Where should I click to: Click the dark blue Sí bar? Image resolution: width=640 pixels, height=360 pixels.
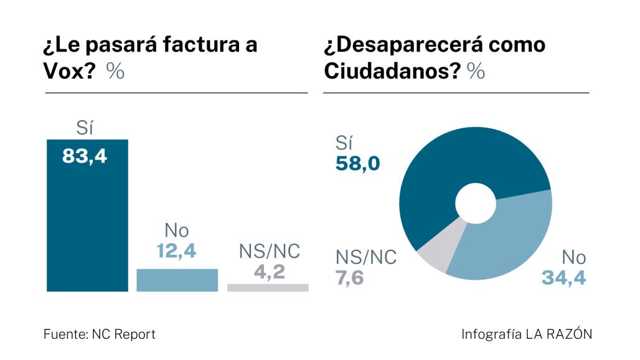coord(87,224)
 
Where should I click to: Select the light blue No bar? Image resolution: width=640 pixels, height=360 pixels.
coord(177,280)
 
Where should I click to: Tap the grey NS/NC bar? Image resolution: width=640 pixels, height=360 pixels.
coord(268,288)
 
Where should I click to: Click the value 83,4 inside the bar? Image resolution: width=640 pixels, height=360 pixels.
coord(85,156)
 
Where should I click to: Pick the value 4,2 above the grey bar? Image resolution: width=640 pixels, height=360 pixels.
coord(270,272)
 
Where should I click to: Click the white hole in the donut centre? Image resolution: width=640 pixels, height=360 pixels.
coord(476,204)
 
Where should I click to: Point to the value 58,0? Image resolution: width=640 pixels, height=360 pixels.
coord(357,164)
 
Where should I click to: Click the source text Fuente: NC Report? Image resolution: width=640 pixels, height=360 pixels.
coord(99,334)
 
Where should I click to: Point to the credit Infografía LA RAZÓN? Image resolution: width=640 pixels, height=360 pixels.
coord(527,334)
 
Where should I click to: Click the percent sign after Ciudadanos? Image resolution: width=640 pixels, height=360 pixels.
coord(476,72)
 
